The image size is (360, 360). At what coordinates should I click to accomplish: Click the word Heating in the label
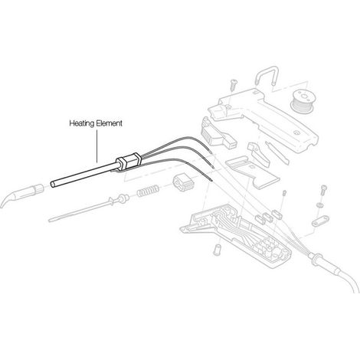[x=82, y=123]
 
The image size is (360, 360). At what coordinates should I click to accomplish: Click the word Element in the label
[x=110, y=123]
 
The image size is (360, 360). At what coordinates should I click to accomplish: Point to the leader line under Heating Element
[x=97, y=146]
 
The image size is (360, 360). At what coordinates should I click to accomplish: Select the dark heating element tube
[x=84, y=175]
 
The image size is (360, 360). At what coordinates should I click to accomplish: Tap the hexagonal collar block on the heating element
[x=129, y=162]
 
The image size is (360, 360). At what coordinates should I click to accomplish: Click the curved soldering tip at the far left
[x=21, y=195]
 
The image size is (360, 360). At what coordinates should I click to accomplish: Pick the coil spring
[x=148, y=191]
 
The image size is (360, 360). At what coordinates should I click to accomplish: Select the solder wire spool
[x=302, y=101]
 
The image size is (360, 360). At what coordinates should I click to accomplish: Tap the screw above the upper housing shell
[x=234, y=85]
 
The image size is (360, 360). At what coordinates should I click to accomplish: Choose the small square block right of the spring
[x=182, y=182]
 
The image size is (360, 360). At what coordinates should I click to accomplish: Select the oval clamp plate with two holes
[x=320, y=221]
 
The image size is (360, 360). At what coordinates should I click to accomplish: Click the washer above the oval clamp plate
[x=319, y=205]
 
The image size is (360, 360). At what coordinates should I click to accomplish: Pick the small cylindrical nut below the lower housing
[x=217, y=249]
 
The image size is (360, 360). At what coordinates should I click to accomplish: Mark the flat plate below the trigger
[x=252, y=173]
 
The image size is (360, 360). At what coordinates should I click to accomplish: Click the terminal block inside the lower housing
[x=270, y=246]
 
